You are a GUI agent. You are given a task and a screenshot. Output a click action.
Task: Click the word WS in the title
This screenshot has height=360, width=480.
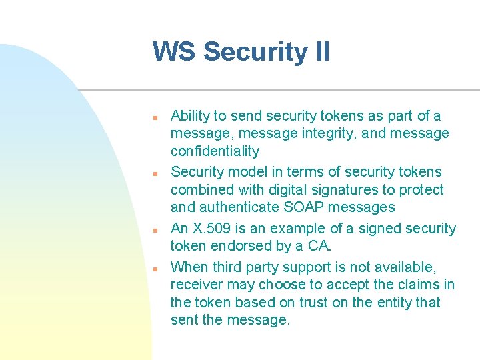[174, 52]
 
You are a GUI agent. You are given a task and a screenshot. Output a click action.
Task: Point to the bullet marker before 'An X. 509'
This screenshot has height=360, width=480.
[154, 230]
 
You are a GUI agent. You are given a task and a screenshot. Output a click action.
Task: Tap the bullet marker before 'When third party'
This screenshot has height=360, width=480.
[154, 269]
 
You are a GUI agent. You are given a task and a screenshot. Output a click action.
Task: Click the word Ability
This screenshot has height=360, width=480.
[189, 116]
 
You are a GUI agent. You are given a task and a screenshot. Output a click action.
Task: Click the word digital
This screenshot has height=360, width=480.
[305, 190]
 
